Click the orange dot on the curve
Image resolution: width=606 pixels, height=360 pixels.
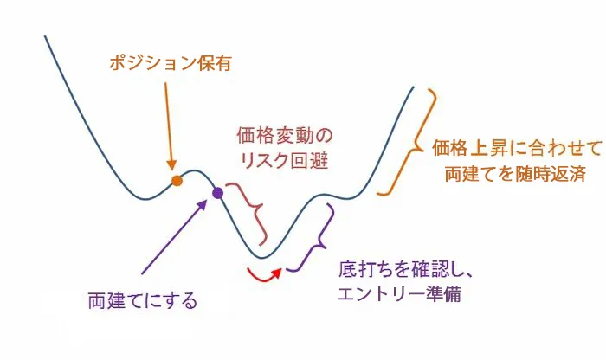[177, 181]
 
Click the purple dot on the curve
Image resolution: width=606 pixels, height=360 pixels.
[218, 193]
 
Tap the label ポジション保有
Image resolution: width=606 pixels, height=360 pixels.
[171, 63]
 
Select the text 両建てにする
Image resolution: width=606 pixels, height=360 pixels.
[143, 301]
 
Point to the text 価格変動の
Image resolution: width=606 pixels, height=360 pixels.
[285, 136]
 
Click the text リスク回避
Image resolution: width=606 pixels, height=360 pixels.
[285, 160]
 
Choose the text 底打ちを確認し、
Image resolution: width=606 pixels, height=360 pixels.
[406, 269]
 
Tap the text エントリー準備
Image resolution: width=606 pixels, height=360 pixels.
[400, 293]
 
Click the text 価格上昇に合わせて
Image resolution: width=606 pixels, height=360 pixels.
[517, 148]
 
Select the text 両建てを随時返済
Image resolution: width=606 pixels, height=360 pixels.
[516, 174]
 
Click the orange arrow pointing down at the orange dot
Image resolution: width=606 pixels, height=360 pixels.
[169, 126]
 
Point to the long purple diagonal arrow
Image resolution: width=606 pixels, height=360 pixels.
[174, 236]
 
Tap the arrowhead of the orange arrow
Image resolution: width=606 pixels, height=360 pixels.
[171, 165]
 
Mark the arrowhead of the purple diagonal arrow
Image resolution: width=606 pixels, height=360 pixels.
[203, 204]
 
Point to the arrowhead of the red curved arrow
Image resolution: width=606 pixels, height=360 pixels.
[277, 273]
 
